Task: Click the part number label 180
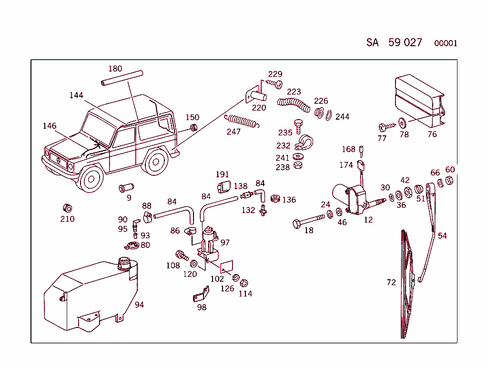point(115,69)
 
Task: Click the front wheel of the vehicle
point(90,178)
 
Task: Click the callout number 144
point(76,95)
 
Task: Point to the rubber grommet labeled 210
point(67,208)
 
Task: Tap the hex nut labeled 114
point(243,282)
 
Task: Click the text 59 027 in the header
point(405,42)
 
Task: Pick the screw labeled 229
point(274,83)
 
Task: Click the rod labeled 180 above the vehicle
point(122,78)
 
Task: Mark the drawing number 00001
point(446,43)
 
